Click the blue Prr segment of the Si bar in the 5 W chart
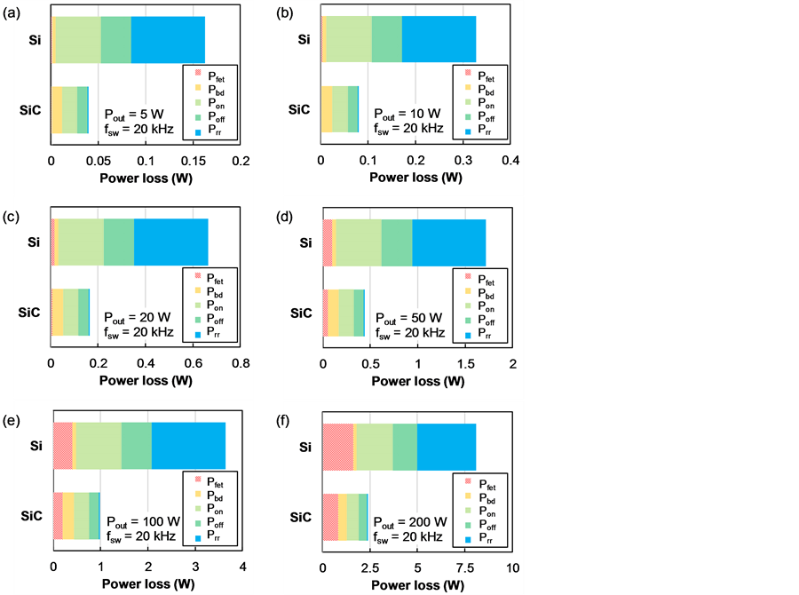[168, 40]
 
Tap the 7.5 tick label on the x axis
[463, 567]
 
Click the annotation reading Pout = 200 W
[409, 522]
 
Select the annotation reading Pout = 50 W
[407, 317]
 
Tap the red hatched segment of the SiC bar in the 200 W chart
[329, 517]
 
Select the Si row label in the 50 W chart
[305, 242]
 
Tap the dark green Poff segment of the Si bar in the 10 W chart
[386, 40]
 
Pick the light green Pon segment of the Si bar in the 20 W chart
[80, 242]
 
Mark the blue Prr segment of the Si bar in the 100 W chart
[188, 447]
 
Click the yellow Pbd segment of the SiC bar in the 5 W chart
[56, 109]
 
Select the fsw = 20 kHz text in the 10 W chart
[408, 129]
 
